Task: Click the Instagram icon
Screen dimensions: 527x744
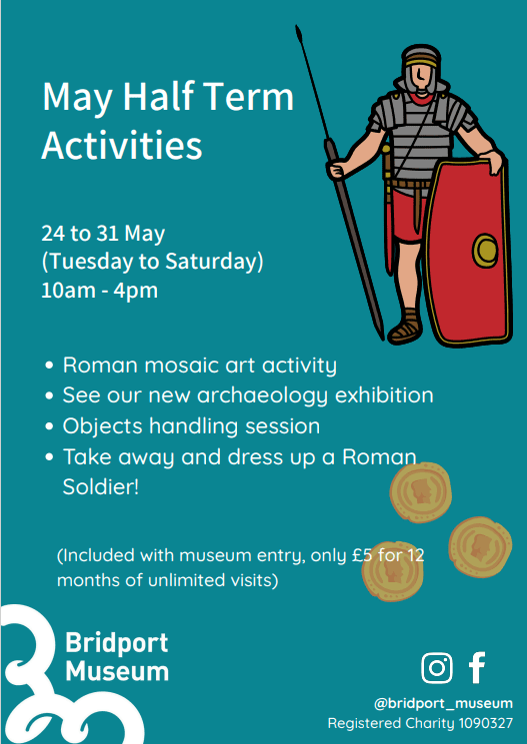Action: [437, 668]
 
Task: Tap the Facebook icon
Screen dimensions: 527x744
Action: [477, 668]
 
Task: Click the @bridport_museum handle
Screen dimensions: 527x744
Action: [443, 703]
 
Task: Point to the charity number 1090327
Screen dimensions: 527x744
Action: [486, 724]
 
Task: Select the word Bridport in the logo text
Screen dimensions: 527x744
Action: [116, 643]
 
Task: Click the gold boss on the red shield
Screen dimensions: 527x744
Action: [485, 249]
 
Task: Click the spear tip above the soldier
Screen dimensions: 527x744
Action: [298, 33]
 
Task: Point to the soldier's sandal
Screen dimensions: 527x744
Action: [405, 327]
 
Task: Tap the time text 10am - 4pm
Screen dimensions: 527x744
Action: [99, 290]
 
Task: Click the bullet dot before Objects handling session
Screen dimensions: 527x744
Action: [48, 427]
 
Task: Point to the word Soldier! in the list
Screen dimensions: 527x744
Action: [100, 487]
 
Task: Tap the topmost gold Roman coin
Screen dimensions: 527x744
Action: [421, 492]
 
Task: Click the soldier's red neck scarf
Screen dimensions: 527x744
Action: [421, 99]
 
